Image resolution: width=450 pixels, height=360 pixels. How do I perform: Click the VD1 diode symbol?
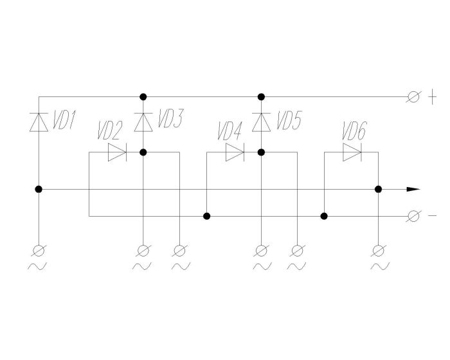[39, 122]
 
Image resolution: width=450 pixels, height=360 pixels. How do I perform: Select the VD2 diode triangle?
[117, 152]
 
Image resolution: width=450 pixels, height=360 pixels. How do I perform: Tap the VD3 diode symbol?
[143, 122]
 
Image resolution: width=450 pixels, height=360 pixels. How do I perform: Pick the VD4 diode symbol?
[235, 152]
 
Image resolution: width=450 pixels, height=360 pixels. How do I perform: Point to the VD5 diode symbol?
[261, 122]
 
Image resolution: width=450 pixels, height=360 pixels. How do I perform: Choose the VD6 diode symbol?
[352, 152]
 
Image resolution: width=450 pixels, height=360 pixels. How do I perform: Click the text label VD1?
[64, 120]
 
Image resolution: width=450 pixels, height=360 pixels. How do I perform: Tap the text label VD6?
[354, 133]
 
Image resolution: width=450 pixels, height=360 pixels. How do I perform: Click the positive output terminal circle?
[414, 97]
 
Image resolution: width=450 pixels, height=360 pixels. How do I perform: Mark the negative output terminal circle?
[414, 216]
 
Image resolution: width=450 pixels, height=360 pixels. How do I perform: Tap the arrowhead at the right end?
[413, 190]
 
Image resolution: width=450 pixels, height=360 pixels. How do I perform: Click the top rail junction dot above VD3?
[143, 97]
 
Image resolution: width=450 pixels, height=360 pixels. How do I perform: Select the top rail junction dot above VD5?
[261, 97]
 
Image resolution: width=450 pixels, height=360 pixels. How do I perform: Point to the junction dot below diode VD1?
[39, 190]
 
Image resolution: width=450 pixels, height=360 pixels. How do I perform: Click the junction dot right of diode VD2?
[143, 152]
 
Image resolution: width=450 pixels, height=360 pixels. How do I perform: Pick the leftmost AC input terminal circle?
[39, 249]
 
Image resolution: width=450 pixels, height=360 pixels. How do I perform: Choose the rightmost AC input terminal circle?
[379, 249]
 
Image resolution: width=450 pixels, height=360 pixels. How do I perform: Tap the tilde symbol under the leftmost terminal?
[38, 266]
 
